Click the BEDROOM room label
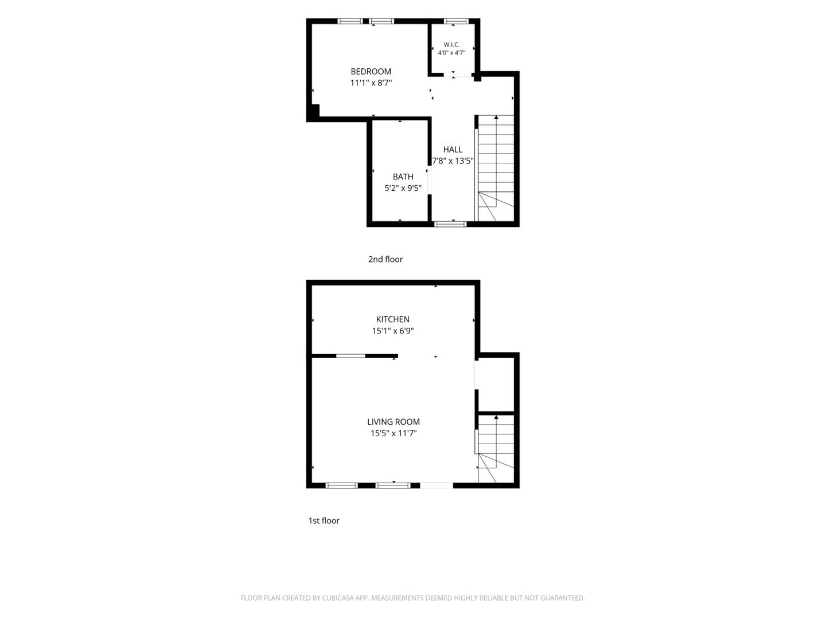(x=371, y=72)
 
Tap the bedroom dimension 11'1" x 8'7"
(x=371, y=83)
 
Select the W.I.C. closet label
(x=451, y=45)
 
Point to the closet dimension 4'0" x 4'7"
(x=451, y=53)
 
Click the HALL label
(x=453, y=150)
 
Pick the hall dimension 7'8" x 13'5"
(x=453, y=161)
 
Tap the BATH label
(x=403, y=177)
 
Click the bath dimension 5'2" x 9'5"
(x=403, y=188)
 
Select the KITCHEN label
(x=393, y=319)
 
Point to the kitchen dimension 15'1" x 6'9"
(x=393, y=331)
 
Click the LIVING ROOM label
(x=393, y=422)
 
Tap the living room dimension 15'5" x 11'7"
(x=393, y=433)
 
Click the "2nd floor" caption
(x=385, y=259)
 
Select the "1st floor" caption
(x=324, y=521)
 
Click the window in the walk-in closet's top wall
(x=456, y=21)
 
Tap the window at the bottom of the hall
(x=450, y=224)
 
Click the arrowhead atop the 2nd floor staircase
(x=496, y=117)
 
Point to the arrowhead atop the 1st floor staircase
(x=496, y=417)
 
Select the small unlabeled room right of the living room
(x=496, y=384)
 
